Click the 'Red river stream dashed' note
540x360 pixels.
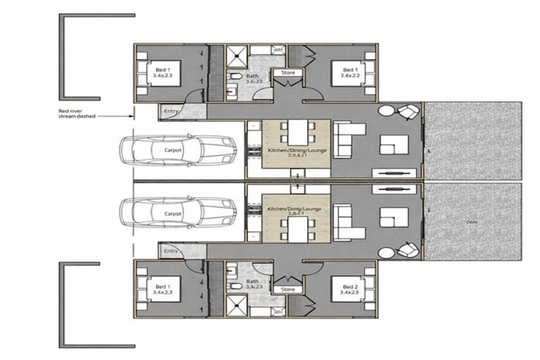pos(78,114)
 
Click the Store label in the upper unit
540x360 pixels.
pos(288,72)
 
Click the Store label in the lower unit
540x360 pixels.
pos(288,289)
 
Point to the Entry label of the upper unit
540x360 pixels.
pos(171,110)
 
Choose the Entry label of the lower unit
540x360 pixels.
pos(171,250)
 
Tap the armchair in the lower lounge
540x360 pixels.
pos(406,250)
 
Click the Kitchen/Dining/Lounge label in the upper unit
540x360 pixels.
pos(295,153)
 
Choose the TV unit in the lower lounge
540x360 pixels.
pos(392,189)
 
